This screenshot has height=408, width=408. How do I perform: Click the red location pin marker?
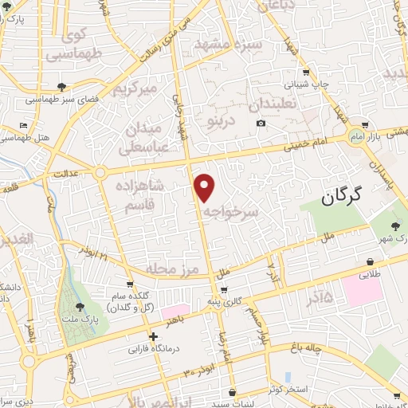[205, 187]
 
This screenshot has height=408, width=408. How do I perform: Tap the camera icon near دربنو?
[261, 123]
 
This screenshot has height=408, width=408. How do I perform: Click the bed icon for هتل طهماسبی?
[24, 127]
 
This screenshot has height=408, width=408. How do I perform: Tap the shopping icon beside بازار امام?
[365, 125]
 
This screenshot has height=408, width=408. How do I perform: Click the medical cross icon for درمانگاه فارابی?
[153, 336]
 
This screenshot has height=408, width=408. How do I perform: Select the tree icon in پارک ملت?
[78, 305]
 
